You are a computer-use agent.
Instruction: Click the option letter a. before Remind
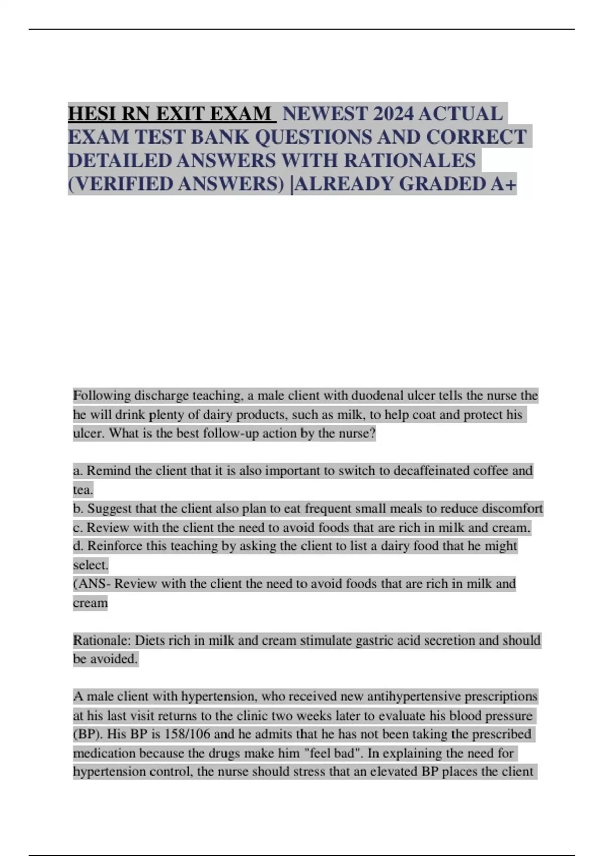click(x=78, y=471)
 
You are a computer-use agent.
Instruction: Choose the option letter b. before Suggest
click(x=78, y=509)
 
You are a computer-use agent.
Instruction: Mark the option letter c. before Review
click(x=78, y=528)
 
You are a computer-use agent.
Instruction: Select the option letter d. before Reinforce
click(x=78, y=546)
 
